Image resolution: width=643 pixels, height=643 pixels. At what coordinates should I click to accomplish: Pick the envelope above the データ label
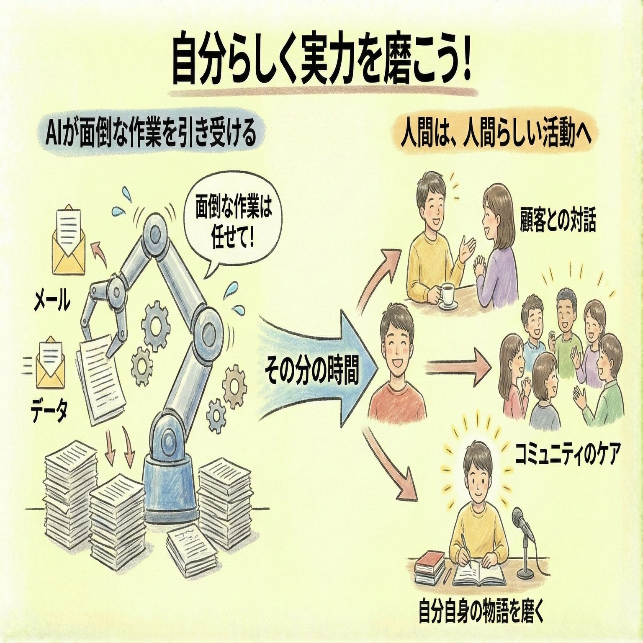pyautogui.click(x=53, y=362)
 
